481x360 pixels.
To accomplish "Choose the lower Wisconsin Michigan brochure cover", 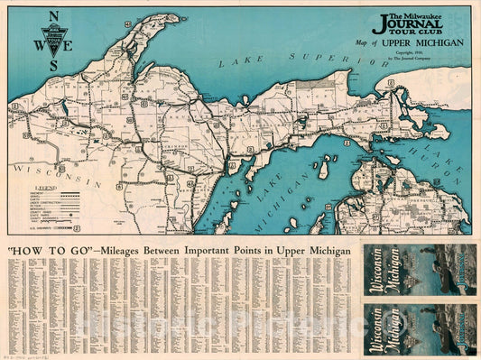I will pyautogui.click(x=418, y=328).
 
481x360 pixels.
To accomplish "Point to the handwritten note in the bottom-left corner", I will pyautogui.click(x=27, y=355).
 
